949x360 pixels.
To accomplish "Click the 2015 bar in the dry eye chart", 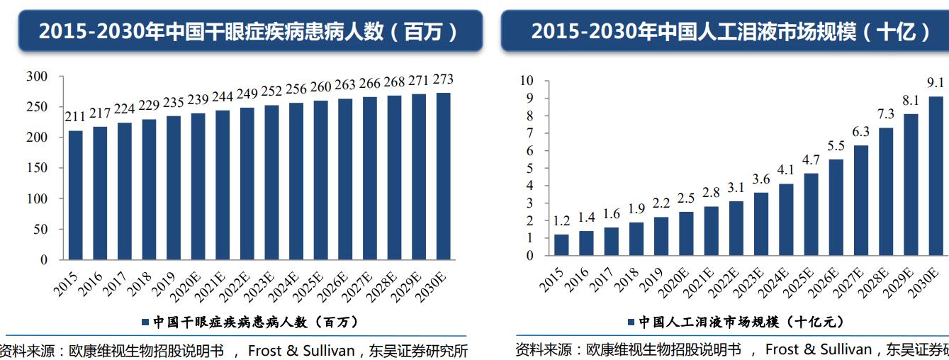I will pyautogui.click(x=75, y=195).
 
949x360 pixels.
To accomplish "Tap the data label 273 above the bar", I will pyautogui.click(x=443, y=79).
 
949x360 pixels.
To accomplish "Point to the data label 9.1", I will pyautogui.click(x=936, y=82).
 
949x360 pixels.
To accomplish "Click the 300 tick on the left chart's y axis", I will pyautogui.click(x=36, y=77).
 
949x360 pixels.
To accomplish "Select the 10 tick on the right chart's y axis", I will pyautogui.click(x=526, y=81).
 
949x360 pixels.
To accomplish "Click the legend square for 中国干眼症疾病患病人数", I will pyautogui.click(x=145, y=322).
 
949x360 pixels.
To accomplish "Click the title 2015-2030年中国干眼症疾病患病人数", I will pyautogui.click(x=248, y=31).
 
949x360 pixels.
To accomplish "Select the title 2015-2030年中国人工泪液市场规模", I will pyautogui.click(x=730, y=31).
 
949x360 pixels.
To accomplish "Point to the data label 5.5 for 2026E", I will pyautogui.click(x=836, y=146).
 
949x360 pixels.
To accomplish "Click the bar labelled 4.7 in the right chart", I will pyautogui.click(x=812, y=214).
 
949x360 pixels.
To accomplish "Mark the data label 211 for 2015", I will pyautogui.click(x=75, y=117).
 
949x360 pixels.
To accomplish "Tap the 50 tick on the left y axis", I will pyautogui.click(x=40, y=230).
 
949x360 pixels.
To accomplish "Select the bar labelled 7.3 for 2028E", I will pyautogui.click(x=886, y=191).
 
